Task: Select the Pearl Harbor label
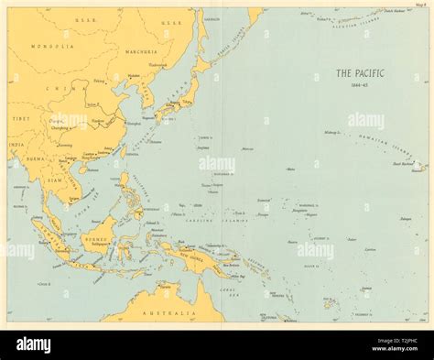pos(402,163)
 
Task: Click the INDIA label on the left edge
pos(15,144)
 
